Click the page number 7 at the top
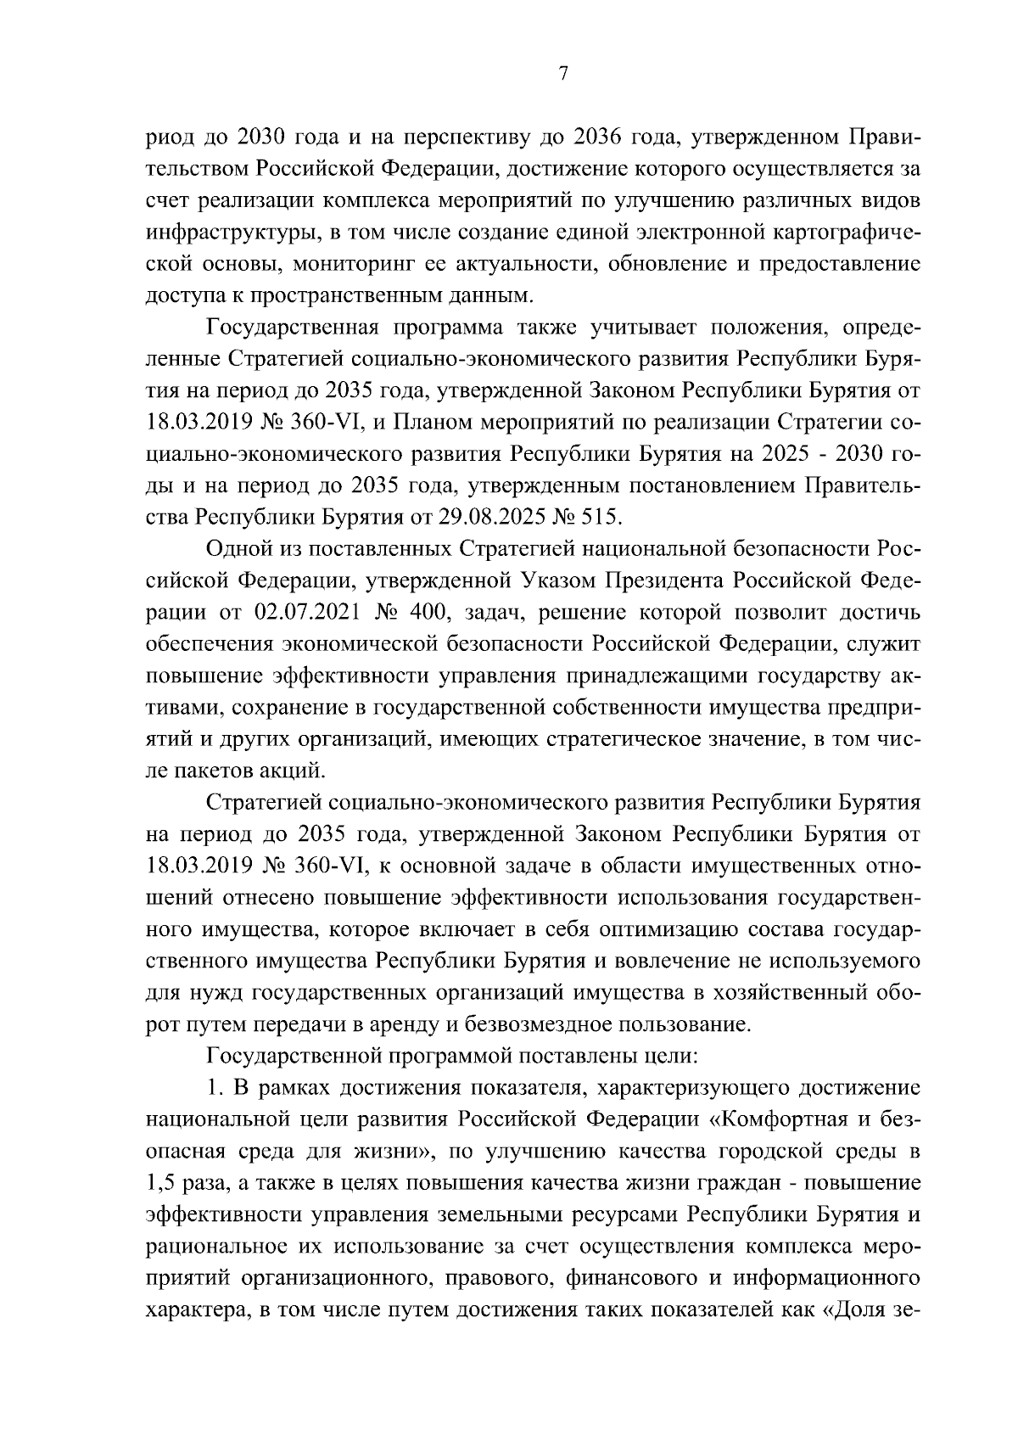click(563, 74)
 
